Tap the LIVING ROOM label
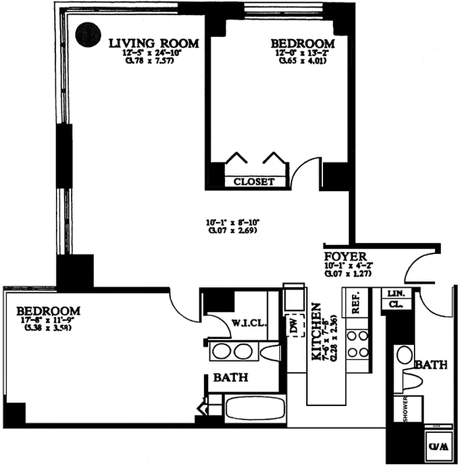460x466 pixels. tap(154, 43)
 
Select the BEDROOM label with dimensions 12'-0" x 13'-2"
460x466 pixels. tap(303, 44)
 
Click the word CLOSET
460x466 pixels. tap(254, 182)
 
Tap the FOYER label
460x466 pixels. tap(346, 256)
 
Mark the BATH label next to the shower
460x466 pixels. tap(431, 365)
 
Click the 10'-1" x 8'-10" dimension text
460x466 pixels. tap(232, 222)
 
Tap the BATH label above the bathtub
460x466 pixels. tap(230, 378)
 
